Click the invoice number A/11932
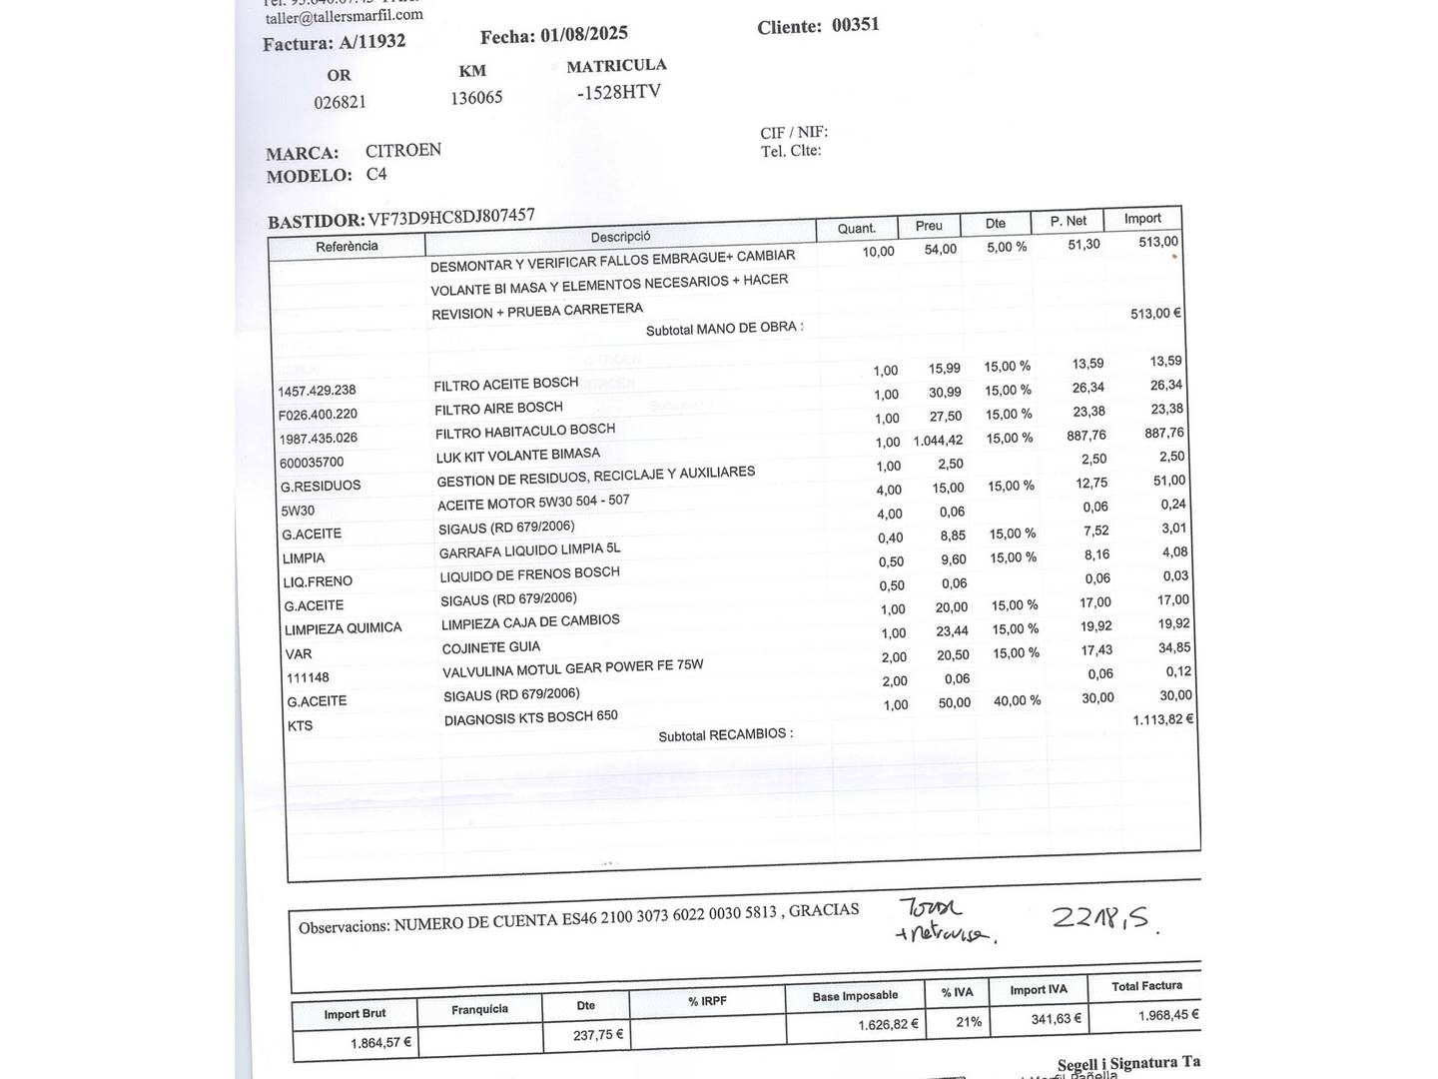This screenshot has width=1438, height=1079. pyautogui.click(x=372, y=42)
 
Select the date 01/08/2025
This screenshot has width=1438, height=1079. pyautogui.click(x=584, y=34)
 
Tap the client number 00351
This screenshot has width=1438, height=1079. pyautogui.click(x=855, y=24)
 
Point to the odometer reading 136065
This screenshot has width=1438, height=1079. pyautogui.click(x=476, y=98)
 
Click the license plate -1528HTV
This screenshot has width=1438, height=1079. pyautogui.click(x=618, y=92)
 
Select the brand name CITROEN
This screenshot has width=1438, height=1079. pyautogui.click(x=402, y=150)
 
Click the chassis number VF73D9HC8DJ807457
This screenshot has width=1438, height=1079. pyautogui.click(x=451, y=217)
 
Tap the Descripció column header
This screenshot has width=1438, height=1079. pyautogui.click(x=620, y=237)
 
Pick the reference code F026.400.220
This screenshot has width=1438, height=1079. pyautogui.click(x=318, y=414)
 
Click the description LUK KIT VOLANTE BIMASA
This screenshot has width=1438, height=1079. pyautogui.click(x=517, y=455)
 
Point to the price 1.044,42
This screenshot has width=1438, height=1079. pyautogui.click(x=938, y=441)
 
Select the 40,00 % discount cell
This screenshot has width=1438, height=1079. pyautogui.click(x=1017, y=700)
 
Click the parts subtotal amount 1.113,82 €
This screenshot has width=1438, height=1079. pyautogui.click(x=1162, y=719)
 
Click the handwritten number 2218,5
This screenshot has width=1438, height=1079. pyautogui.click(x=1104, y=918)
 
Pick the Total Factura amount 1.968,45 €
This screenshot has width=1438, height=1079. pyautogui.click(x=1167, y=1015)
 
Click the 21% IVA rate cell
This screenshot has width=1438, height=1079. pyautogui.click(x=968, y=1021)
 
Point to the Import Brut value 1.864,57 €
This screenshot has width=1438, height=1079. pyautogui.click(x=380, y=1043)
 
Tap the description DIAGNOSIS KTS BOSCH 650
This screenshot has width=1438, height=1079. pyautogui.click(x=530, y=717)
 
